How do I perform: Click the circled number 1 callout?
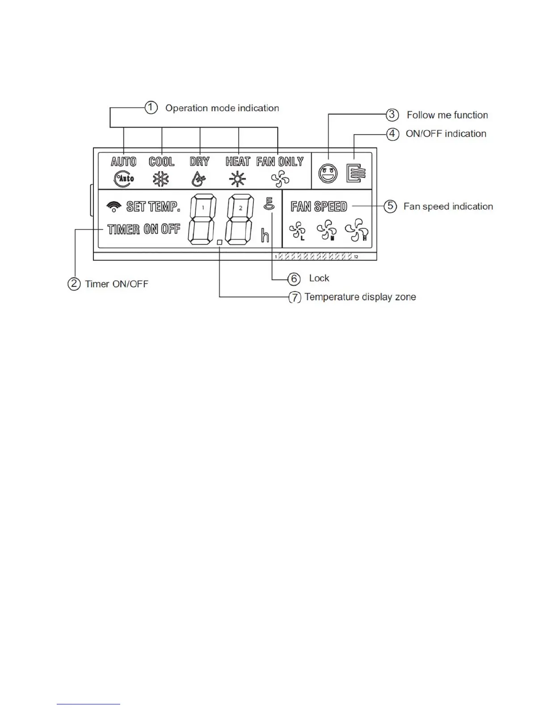coord(151,108)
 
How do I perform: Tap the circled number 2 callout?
coord(74,284)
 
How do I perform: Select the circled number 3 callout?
coord(392,114)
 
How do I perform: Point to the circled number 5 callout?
coord(390,206)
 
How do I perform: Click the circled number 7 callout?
coord(295,297)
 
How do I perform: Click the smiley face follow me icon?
coord(328,174)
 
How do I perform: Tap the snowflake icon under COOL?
coord(160,179)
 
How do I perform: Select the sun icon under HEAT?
coord(237,179)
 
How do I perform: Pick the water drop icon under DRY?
coord(198,179)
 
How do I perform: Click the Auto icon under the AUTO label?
coord(124,179)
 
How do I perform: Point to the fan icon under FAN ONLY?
coord(280,179)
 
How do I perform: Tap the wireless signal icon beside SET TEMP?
coord(114,206)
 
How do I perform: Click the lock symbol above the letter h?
coord(269,204)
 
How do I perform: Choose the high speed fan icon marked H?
coord(357,230)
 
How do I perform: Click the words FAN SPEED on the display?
coord(319,206)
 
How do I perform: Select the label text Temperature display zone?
coord(360,297)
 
